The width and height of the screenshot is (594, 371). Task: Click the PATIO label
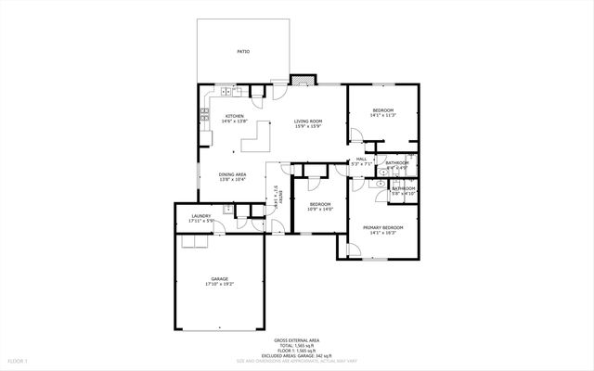243,52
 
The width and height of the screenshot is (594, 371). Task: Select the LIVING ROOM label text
308,122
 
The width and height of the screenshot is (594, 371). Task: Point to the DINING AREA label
232,174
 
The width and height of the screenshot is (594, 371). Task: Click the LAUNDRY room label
200,215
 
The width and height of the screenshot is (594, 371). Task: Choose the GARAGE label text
219,278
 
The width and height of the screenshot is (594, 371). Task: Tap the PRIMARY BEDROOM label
382,227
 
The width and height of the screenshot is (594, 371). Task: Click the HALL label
361,160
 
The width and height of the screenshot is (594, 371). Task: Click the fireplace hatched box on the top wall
300,80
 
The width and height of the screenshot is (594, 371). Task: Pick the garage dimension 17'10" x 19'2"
219,284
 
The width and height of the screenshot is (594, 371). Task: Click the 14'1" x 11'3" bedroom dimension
383,116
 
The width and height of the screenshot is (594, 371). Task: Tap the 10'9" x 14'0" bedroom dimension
320,210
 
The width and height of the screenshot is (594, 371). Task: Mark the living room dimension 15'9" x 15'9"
308,127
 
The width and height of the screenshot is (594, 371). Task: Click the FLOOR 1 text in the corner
18,359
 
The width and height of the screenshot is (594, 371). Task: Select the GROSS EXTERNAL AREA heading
296,340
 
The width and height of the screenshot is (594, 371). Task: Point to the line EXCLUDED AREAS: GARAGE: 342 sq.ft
296,354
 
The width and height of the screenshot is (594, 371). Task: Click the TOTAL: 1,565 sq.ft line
296,345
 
